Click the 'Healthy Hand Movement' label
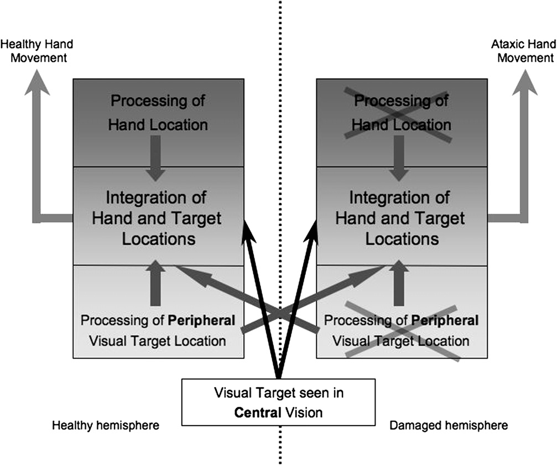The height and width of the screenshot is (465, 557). click(x=37, y=50)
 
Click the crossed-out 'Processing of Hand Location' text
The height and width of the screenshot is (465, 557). click(x=402, y=113)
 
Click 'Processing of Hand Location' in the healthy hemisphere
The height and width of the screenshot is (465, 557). click(x=158, y=113)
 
